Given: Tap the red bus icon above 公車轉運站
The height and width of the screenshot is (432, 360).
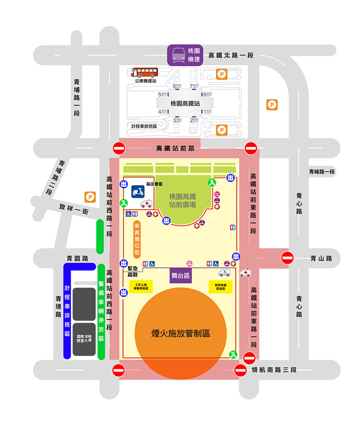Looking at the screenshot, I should (145, 72).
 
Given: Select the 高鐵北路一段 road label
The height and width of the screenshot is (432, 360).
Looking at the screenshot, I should (231, 55).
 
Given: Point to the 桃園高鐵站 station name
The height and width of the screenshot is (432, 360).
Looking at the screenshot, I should (185, 103).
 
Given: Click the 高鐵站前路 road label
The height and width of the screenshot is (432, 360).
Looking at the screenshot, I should (175, 148).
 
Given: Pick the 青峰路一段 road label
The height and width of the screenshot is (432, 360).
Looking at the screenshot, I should (322, 172).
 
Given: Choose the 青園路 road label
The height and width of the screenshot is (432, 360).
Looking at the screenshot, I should (76, 259).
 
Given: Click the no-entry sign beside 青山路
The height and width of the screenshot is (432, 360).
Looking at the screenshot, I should (287, 258).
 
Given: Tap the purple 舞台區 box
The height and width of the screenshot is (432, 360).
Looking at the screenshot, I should (181, 275).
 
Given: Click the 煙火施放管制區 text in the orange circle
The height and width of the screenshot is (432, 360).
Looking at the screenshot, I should (181, 334).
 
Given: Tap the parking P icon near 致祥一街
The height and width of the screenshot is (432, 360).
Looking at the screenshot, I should (90, 196).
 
